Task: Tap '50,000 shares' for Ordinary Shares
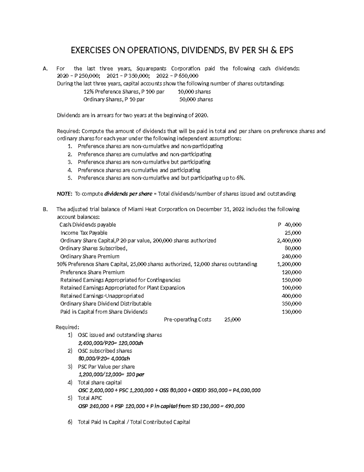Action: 196,99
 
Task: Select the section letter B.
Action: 45,209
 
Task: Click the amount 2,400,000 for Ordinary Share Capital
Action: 289,240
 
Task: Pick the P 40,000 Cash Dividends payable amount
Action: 289,225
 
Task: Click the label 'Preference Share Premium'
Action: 92,272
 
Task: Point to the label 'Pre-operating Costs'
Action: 187,319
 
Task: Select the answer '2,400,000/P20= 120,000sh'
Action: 110,343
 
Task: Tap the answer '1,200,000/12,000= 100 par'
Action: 111,374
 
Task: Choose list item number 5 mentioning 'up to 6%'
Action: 161,178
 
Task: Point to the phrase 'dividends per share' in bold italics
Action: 128,194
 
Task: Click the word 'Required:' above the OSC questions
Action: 67,327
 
